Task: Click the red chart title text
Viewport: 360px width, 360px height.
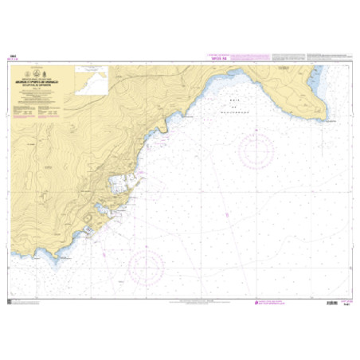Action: click(51, 82)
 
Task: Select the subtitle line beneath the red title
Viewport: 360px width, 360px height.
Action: click(51, 85)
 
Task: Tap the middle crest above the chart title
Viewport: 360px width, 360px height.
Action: click(51, 75)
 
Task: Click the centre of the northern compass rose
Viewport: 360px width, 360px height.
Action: click(256, 149)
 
